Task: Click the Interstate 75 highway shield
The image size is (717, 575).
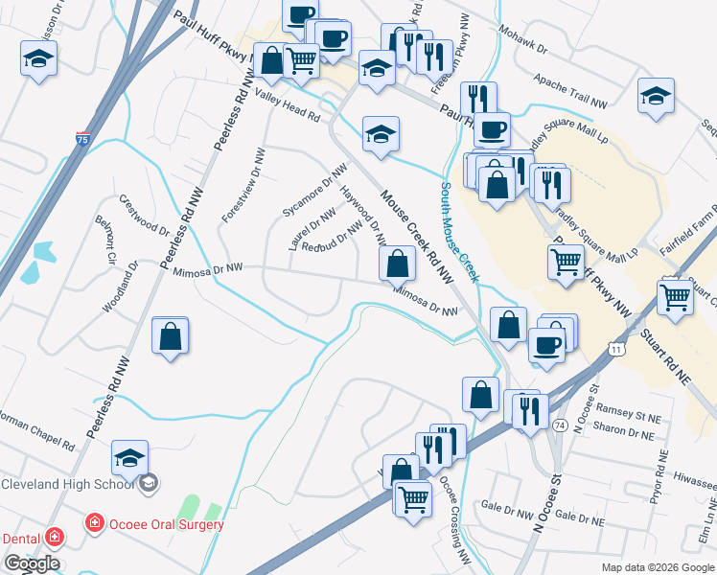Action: pyautogui.click(x=83, y=139)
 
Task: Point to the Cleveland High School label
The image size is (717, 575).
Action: pyautogui.click(x=67, y=484)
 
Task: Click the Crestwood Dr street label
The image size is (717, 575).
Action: pyautogui.click(x=144, y=215)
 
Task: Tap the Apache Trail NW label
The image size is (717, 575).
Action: pyautogui.click(x=571, y=91)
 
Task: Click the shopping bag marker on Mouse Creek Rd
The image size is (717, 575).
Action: pyautogui.click(x=396, y=263)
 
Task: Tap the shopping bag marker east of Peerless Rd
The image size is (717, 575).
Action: pyautogui.click(x=171, y=336)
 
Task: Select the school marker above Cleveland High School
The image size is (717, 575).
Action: pyautogui.click(x=130, y=459)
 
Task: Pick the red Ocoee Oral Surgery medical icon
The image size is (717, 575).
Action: pyautogui.click(x=94, y=524)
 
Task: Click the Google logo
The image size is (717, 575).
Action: pyautogui.click(x=32, y=563)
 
